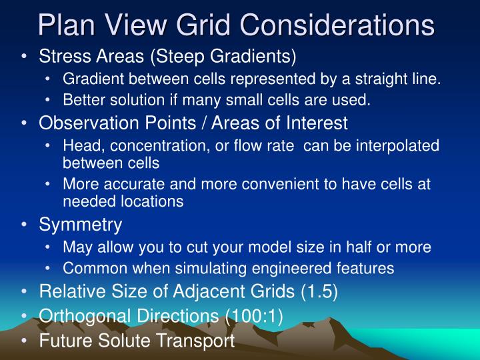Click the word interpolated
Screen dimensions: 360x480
tap(399, 146)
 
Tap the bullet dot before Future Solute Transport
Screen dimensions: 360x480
tap(25, 341)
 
